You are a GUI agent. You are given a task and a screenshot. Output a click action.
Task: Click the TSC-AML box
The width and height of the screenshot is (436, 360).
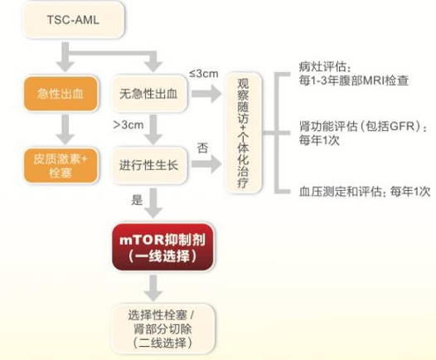(x=73, y=19)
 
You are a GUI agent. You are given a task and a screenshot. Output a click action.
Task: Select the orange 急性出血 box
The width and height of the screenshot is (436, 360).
(x=61, y=94)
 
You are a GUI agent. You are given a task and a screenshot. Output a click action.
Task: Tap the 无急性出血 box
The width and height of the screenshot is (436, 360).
(x=149, y=94)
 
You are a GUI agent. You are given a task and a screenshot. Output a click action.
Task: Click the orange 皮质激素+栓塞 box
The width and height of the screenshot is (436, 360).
(x=61, y=166)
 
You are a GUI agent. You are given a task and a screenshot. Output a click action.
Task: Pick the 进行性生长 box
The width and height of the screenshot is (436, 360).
(x=149, y=165)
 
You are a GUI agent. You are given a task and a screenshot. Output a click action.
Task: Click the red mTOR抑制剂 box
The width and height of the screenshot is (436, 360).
(x=163, y=246)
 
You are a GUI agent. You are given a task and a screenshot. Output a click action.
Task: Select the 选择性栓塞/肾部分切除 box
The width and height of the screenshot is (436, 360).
(x=163, y=328)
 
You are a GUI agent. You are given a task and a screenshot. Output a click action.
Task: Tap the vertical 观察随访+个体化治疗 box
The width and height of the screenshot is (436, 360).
(x=243, y=133)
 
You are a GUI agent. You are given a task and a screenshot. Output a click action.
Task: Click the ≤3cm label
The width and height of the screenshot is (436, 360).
(x=204, y=74)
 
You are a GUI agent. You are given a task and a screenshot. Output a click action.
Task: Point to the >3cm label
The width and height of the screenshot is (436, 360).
(x=128, y=125)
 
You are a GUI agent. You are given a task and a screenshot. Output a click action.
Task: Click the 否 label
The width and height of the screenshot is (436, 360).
(x=203, y=148)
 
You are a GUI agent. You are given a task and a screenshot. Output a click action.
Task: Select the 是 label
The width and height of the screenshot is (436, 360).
(x=137, y=200)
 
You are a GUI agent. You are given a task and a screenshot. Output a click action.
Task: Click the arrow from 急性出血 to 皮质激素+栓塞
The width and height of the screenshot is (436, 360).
(x=65, y=129)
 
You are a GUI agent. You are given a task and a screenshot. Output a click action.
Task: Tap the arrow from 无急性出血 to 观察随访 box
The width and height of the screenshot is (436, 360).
(x=206, y=94)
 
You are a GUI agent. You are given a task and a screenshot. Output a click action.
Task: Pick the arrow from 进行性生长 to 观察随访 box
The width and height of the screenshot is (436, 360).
(x=206, y=164)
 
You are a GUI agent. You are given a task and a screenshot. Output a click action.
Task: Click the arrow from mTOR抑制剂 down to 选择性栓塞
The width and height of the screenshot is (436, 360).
(x=153, y=288)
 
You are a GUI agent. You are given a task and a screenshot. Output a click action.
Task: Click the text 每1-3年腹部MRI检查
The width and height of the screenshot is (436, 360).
(x=354, y=80)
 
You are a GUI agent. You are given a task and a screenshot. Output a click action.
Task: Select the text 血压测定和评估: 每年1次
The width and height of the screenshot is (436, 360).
(x=365, y=192)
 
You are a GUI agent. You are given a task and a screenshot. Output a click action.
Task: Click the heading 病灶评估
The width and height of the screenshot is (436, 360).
(x=325, y=66)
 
